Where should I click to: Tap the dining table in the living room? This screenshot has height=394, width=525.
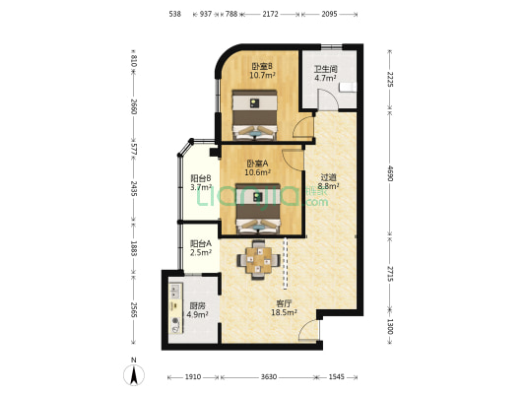tap(258, 260)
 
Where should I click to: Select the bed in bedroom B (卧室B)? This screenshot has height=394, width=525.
tap(255, 114)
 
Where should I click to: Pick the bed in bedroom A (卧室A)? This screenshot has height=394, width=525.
tap(258, 208)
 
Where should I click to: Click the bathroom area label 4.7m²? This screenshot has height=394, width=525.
tap(325, 79)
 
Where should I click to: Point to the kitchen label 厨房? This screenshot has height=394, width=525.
tap(197, 306)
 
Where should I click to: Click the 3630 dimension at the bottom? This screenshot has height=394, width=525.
tap(269, 377)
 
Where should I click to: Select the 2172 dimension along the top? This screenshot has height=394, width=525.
tap(270, 14)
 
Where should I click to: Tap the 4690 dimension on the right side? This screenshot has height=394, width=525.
tap(390, 173)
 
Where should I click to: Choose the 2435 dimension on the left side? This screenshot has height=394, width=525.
tap(134, 189)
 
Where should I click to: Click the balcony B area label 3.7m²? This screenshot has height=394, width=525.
tap(201, 187)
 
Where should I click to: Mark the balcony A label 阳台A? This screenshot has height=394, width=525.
tap(201, 243)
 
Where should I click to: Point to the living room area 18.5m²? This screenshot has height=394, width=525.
tap(284, 312)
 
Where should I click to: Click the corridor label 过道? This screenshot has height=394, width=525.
tap(328, 177)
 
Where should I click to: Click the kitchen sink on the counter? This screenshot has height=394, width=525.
tap(175, 292)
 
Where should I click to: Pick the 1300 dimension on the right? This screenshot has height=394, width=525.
tap(390, 326)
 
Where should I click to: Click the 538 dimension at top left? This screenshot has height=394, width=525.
tap(174, 14)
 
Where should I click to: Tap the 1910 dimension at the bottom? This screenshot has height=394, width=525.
tap(193, 377)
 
